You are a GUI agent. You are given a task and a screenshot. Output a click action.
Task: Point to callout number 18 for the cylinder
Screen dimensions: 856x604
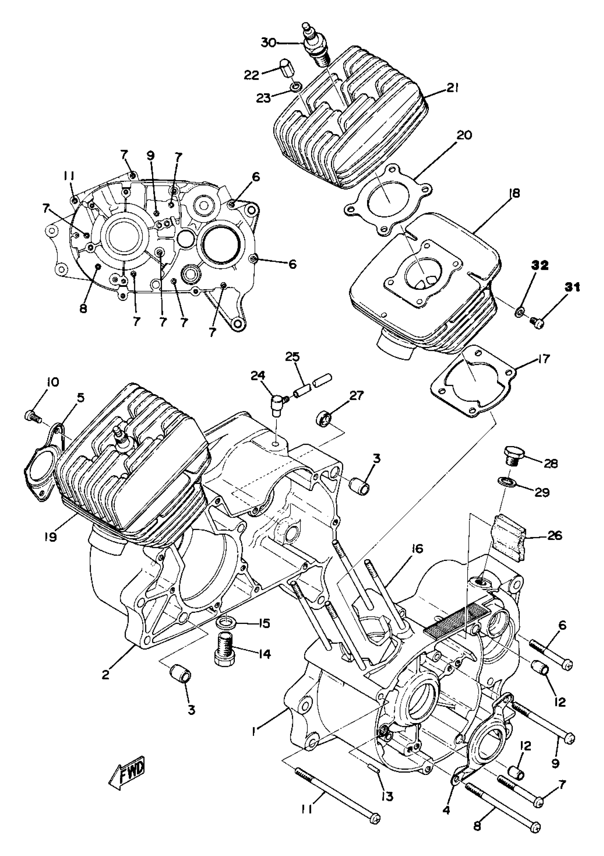click(x=516, y=193)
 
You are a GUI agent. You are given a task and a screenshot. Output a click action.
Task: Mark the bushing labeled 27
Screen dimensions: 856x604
click(x=324, y=418)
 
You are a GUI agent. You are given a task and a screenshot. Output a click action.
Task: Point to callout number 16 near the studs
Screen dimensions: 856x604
click(x=418, y=549)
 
